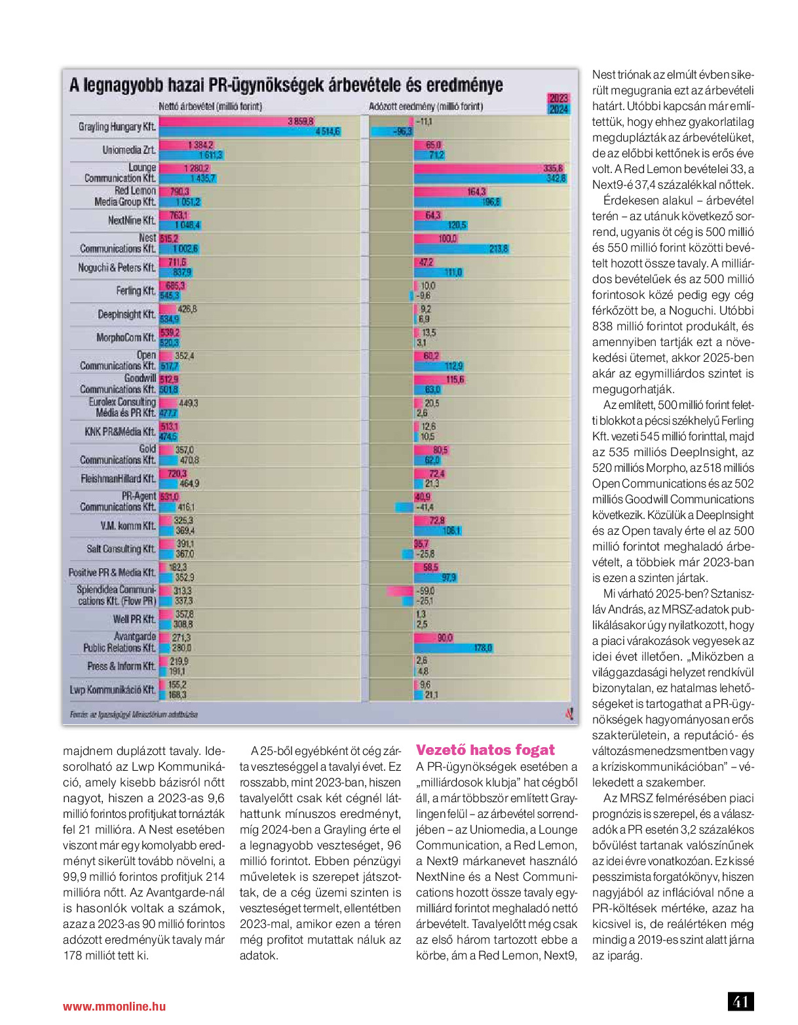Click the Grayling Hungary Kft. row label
click(117, 126)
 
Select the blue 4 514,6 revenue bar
click(250, 132)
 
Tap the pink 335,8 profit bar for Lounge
click(490, 168)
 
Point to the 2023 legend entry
click(559, 98)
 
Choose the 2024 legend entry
click(559, 109)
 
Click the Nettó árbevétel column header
click(210, 107)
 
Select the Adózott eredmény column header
click(426, 107)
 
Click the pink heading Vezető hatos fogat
click(485, 750)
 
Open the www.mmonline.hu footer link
click(115, 1006)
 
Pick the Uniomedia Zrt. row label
click(128, 150)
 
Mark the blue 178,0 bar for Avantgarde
click(453, 648)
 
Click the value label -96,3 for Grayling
click(402, 132)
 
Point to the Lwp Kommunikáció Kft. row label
click(113, 689)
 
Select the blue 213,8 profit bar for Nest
click(461, 248)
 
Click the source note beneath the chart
click(134, 714)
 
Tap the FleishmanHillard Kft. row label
click(119, 478)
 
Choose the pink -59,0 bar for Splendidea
click(400, 591)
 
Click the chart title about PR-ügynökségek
click(286, 85)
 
